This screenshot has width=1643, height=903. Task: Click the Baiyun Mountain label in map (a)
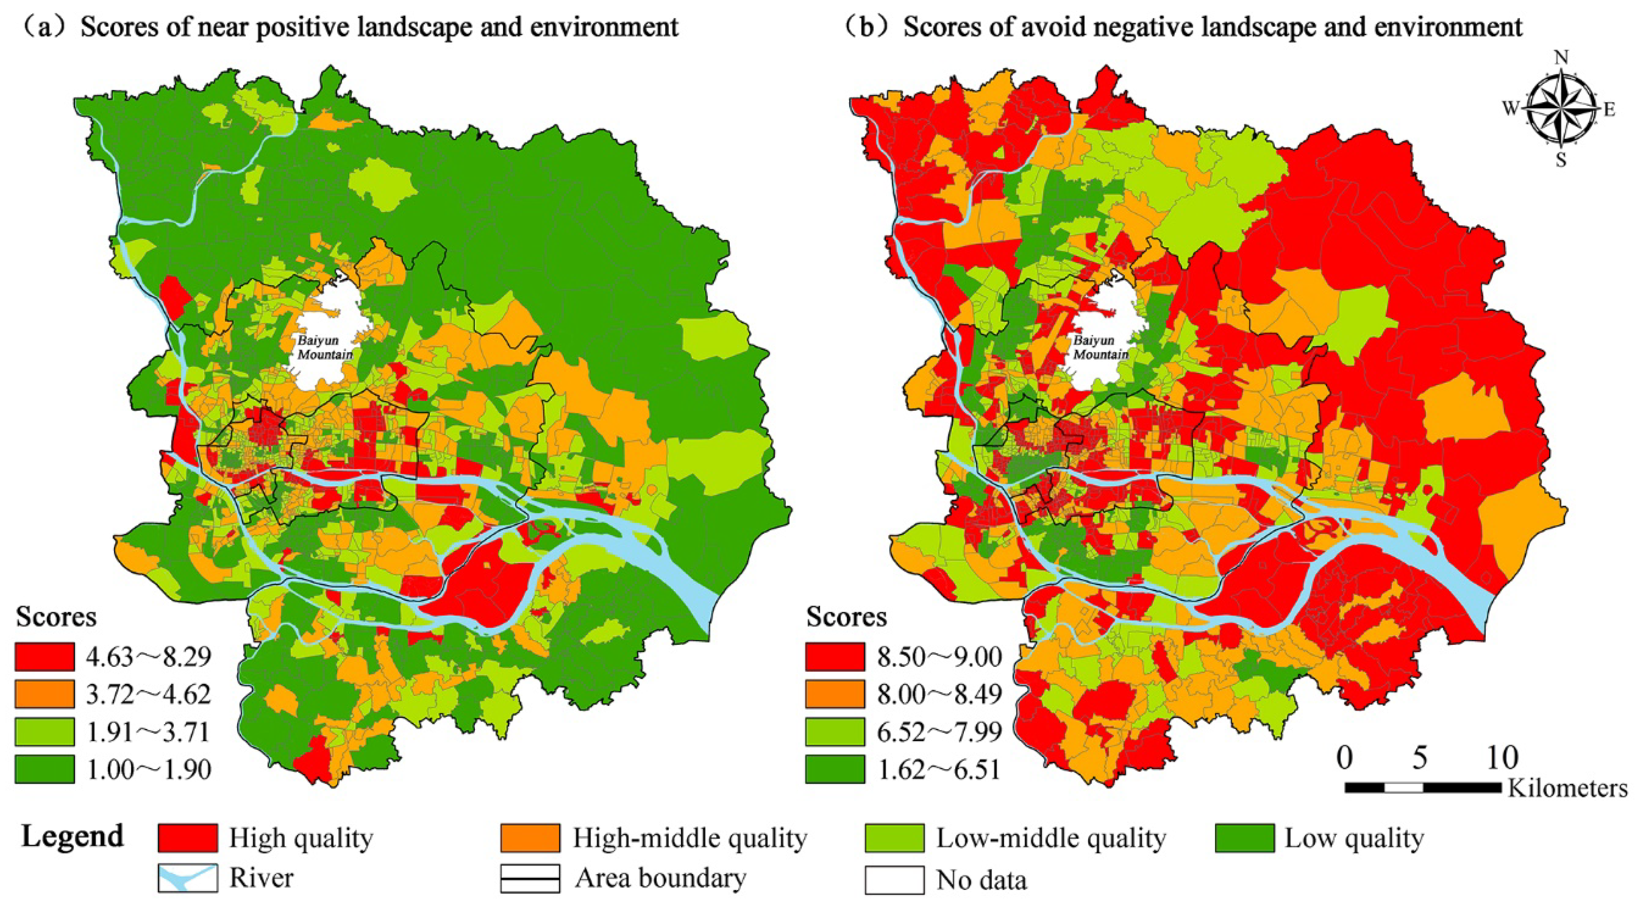pyautogui.click(x=324, y=348)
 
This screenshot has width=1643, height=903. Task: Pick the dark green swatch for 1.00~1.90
pyautogui.click(x=45, y=769)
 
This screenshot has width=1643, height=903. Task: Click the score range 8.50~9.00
pyautogui.click(x=939, y=657)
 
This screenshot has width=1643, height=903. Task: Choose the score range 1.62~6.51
pyautogui.click(x=939, y=770)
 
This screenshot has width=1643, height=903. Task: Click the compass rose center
pyautogui.click(x=1560, y=108)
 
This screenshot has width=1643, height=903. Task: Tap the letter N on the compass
pyautogui.click(x=1561, y=58)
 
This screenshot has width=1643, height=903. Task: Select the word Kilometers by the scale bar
pyautogui.click(x=1567, y=789)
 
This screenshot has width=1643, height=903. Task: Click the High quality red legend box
pyautogui.click(x=188, y=838)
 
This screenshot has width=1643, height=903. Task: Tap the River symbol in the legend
pyautogui.click(x=188, y=878)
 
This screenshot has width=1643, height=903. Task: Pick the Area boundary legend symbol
pyautogui.click(x=530, y=878)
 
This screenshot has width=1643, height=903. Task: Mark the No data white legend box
pyautogui.click(x=894, y=879)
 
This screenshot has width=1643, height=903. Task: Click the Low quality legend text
pyautogui.click(x=1353, y=838)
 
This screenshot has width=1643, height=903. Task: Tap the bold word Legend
pyautogui.click(x=72, y=837)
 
